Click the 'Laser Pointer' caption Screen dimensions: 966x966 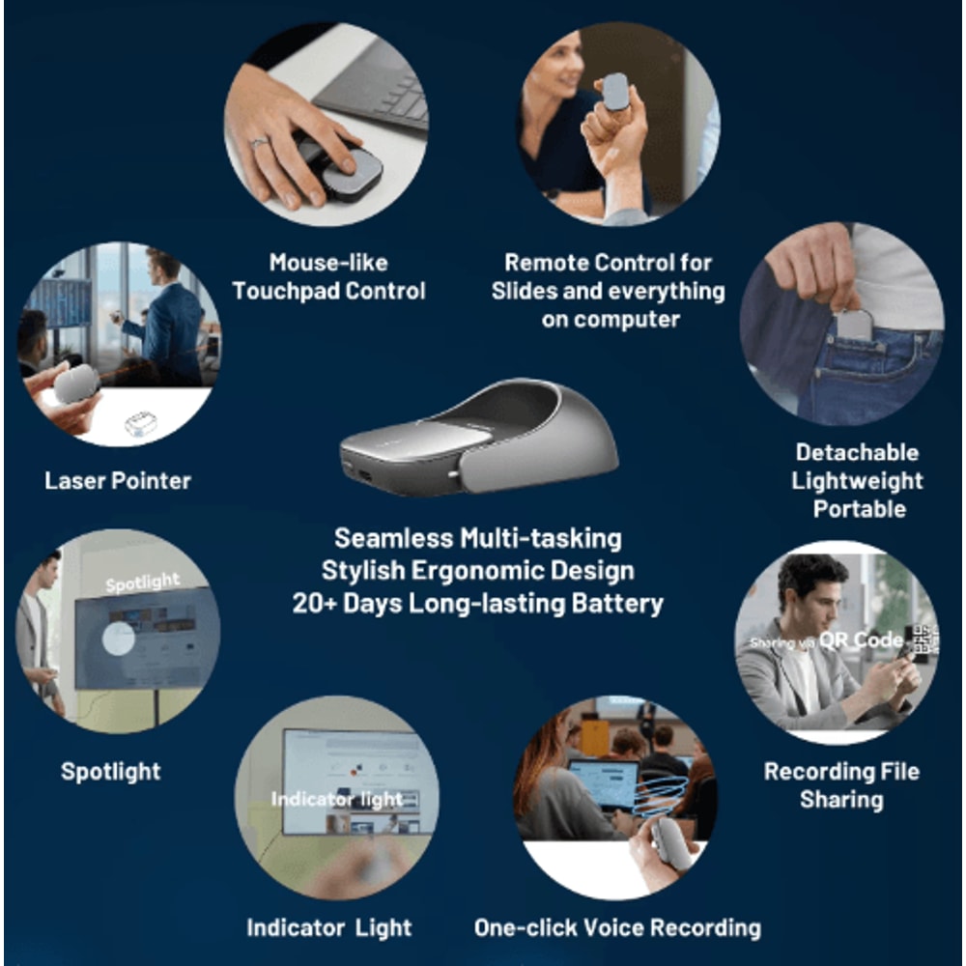pos(117,480)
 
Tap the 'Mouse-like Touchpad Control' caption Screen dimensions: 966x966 pos(328,276)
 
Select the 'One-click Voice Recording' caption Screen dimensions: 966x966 pos(616,928)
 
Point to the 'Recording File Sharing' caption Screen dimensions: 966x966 pos(840,784)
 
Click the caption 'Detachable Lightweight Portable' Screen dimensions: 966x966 pos(857,480)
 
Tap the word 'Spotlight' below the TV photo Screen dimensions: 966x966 pos(110,771)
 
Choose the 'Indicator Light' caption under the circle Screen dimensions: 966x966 pos(328,928)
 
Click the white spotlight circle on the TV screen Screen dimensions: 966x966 pos(119,639)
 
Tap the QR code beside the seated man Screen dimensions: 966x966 pos(922,640)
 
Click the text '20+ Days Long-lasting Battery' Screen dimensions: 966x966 pos(478,605)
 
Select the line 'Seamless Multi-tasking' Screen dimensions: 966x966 pos(478,538)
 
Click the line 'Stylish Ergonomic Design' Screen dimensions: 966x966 pos(478,571)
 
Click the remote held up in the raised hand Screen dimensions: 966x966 pos(614,92)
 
